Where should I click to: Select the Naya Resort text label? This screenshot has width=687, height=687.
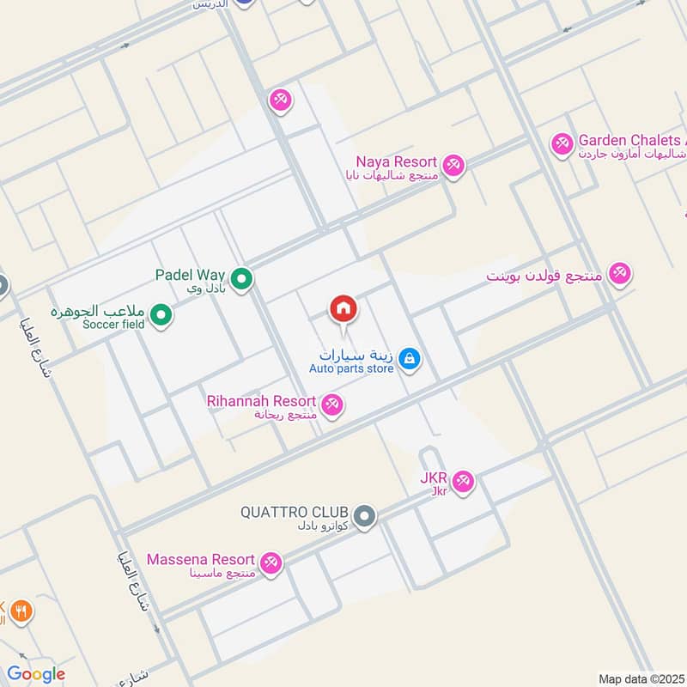tap(397, 161)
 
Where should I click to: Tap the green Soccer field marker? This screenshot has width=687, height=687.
tap(161, 316)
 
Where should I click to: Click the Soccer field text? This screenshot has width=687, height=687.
tap(113, 324)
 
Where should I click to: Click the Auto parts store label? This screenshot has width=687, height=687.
tap(351, 368)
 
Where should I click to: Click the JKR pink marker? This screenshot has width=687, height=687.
tap(463, 483)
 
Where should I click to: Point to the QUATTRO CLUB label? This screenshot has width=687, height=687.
tap(295, 513)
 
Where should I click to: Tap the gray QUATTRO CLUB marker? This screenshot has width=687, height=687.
tap(365, 516)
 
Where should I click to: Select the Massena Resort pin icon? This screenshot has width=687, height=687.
tap(271, 562)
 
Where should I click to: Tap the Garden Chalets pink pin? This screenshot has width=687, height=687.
tap(562, 143)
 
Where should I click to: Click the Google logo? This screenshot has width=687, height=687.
tap(36, 674)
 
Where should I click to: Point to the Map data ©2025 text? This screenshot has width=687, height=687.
tap(640, 678)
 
